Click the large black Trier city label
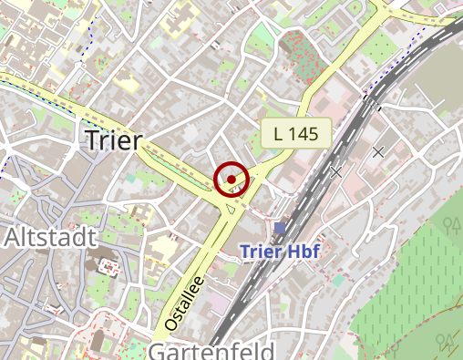[114, 139]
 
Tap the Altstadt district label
[50, 238]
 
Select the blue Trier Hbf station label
[279, 252]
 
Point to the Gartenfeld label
[211, 352]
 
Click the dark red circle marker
[232, 179]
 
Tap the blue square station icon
[279, 227]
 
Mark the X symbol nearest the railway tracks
[336, 170]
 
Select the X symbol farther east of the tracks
[378, 151]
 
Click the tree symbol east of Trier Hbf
[449, 222]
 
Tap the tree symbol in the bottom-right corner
[446, 341]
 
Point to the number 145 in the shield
[304, 134]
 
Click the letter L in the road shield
[279, 134]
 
